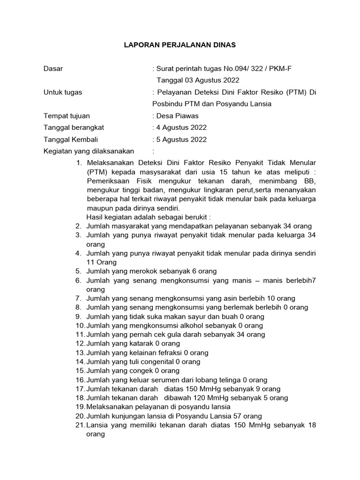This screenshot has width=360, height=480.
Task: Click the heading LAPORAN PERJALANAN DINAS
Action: point(180,45)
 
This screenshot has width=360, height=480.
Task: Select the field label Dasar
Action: point(53,69)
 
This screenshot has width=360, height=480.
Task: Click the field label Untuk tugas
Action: point(62,92)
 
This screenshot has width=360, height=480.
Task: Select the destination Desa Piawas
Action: point(178,116)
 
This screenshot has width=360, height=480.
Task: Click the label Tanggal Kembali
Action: point(71,139)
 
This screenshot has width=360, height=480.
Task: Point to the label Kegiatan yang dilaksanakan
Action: point(89,151)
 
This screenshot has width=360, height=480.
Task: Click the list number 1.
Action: point(78,163)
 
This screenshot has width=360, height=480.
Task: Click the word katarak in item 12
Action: point(151,343)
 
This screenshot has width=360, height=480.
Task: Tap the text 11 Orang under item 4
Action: point(102,262)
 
